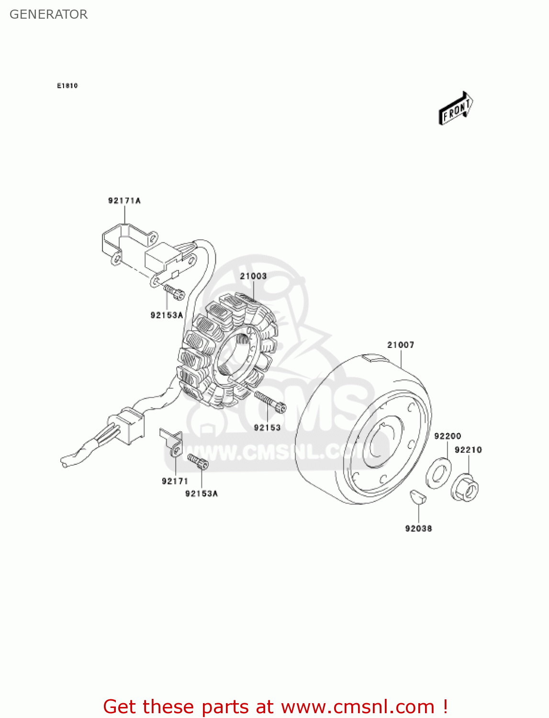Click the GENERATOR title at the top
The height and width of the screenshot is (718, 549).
48,14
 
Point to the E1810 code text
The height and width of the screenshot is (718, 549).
67,86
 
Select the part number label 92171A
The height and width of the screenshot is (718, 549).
124,201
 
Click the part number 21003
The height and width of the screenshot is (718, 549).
253,276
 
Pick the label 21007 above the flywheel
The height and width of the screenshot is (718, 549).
401,345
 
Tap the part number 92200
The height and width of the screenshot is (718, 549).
448,436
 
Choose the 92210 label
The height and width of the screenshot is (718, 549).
468,450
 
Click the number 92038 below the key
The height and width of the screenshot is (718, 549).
418,528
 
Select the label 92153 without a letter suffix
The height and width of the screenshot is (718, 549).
267,427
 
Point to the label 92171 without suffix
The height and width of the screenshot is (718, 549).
175,481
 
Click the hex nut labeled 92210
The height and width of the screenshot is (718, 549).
466,487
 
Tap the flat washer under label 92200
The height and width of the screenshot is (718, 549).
438,472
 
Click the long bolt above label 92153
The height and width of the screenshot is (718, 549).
270,402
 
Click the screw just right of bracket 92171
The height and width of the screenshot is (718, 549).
198,461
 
